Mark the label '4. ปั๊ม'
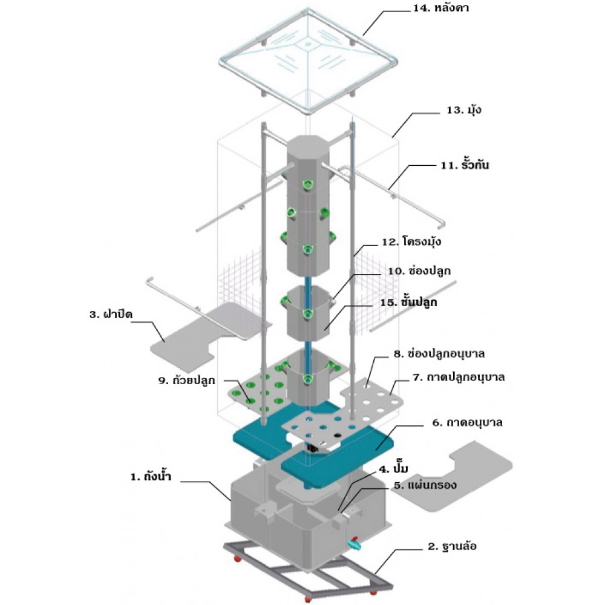tap(394, 468)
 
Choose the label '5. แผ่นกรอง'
tap(424, 485)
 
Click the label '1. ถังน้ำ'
tap(151, 477)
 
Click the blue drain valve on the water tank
tap(355, 546)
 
